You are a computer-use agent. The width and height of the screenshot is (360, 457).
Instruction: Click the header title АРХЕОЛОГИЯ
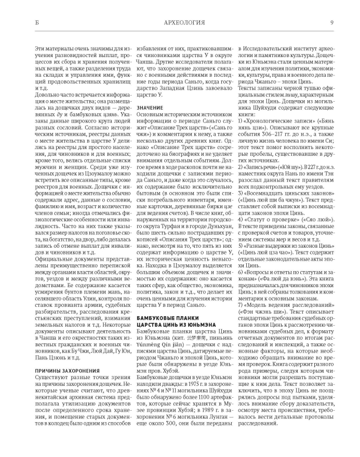tap(180, 23)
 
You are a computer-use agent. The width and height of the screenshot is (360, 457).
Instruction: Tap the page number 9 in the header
tap(331, 23)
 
